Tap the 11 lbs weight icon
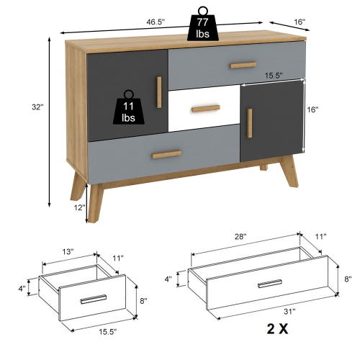[129, 110]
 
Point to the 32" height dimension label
[37, 107]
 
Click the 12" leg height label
[80, 207]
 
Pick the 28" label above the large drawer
[240, 236]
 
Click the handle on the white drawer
[205, 109]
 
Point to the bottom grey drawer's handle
[166, 154]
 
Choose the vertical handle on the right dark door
[250, 123]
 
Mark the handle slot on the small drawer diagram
[94, 299]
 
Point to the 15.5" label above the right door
[272, 74]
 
